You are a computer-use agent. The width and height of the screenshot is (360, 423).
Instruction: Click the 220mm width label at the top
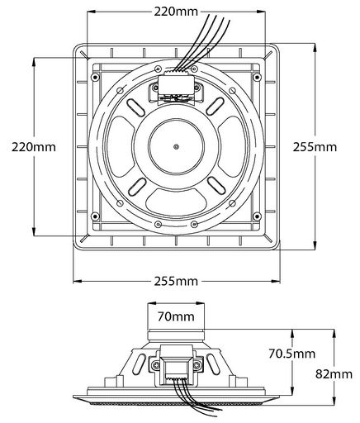tap(176, 12)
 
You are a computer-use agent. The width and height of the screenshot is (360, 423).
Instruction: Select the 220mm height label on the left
tap(34, 147)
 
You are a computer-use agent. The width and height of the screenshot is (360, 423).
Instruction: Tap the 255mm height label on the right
tap(315, 147)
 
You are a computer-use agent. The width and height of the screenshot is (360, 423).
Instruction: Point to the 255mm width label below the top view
tap(176, 282)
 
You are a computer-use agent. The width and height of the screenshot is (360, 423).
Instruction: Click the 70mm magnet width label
tap(176, 316)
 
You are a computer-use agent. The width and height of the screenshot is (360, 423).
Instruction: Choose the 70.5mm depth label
tap(292, 354)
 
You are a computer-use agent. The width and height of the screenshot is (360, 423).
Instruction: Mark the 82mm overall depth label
tap(334, 374)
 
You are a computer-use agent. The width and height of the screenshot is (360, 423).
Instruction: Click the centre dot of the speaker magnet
tap(177, 147)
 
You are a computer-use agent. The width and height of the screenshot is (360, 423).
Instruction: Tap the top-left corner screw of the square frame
tap(95, 78)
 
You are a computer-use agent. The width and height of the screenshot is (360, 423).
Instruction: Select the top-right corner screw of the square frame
tap(257, 77)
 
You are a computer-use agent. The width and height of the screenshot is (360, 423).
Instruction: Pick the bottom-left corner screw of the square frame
tap(95, 216)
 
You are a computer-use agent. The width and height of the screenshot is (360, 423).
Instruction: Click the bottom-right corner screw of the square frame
tap(257, 216)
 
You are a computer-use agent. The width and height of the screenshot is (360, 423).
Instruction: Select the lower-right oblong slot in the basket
tap(216, 185)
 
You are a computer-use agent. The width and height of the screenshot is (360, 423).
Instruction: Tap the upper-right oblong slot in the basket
tap(216, 107)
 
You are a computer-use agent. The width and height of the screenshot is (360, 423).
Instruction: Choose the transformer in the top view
tap(176, 88)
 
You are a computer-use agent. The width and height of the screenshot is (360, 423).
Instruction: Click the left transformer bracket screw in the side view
tap(156, 365)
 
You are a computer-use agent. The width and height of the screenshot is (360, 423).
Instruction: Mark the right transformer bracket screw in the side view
tap(197, 365)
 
